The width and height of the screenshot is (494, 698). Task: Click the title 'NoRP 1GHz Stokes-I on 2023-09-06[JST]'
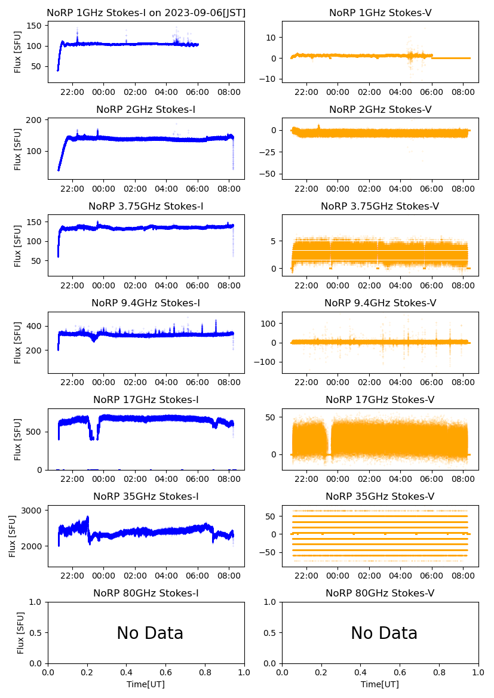pos(146,13)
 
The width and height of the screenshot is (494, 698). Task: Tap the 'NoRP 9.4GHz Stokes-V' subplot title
pos(380,303)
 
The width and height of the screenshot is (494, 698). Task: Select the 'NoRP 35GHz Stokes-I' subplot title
pos(146,496)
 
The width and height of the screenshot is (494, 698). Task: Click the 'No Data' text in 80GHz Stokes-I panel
pos(150,633)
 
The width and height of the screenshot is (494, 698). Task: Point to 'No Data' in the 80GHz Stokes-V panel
pos(384,633)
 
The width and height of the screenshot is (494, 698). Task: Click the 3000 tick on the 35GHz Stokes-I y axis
pos(33,511)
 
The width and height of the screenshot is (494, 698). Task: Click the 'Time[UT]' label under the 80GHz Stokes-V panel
pos(380,684)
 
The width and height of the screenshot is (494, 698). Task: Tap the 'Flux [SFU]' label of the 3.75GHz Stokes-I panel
pos(18,245)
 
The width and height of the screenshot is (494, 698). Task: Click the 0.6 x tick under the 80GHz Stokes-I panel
pos(165,673)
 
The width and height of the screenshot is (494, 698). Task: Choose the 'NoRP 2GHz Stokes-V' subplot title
pos(380,109)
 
